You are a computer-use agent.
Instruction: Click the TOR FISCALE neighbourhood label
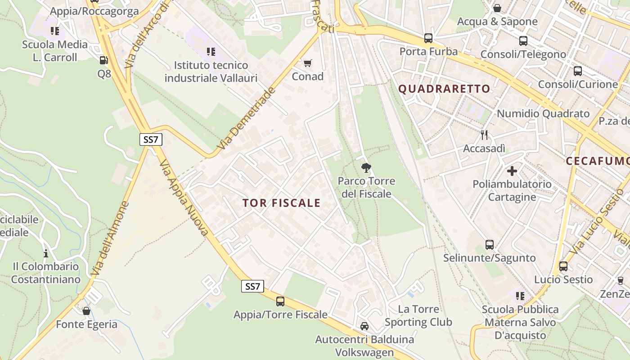[282, 203]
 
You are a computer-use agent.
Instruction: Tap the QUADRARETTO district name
[444, 89]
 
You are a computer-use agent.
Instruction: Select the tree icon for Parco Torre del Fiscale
[366, 168]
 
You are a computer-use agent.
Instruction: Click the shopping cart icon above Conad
[308, 63]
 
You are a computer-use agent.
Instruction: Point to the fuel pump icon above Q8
[103, 60]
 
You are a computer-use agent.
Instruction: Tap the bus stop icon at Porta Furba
[428, 38]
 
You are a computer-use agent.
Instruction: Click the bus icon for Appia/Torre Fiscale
[280, 301]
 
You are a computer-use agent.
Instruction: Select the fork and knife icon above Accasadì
[484, 135]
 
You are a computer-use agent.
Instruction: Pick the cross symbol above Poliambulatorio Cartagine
[512, 171]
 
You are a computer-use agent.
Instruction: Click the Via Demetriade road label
[246, 119]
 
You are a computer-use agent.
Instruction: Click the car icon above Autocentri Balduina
[364, 326]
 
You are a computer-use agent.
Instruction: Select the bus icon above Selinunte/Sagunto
[490, 244]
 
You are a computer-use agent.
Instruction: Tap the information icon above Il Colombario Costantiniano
[45, 253]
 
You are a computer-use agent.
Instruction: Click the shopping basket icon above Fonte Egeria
[86, 311]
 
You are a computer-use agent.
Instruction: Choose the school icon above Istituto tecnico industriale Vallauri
[211, 52]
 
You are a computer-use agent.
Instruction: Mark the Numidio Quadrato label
[543, 113]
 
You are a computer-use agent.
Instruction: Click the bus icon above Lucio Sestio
[563, 266]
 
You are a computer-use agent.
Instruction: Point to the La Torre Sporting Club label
[418, 315]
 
